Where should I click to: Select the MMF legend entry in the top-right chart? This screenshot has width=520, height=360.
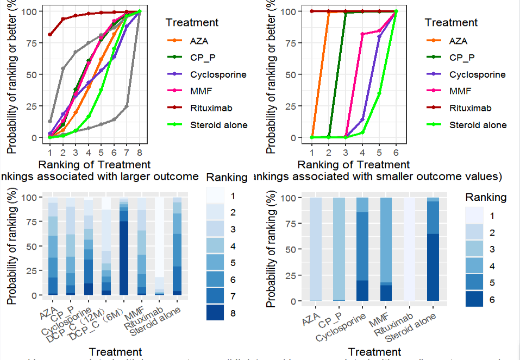460,91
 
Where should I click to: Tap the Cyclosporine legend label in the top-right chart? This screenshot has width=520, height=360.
477,74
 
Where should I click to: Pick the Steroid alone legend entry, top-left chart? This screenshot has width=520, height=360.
218,125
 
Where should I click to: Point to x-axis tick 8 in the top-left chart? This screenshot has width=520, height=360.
140,153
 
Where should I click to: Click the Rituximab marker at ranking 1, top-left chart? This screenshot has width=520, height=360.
50,35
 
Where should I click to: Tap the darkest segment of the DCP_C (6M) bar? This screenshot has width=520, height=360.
124,258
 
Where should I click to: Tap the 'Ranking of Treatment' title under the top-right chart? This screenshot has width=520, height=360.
354,164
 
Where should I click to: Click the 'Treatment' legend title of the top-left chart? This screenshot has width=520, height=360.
192,22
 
